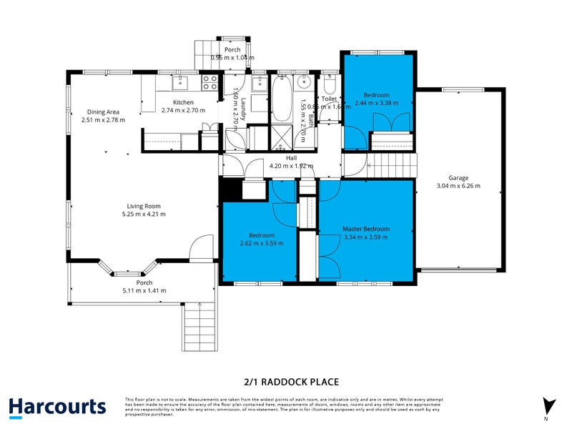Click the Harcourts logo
57,407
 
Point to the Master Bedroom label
365,229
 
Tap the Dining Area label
103,112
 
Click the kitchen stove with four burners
209,83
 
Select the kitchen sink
178,81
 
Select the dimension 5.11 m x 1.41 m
145,291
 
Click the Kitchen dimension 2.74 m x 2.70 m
183,111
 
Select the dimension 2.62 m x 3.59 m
261,242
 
